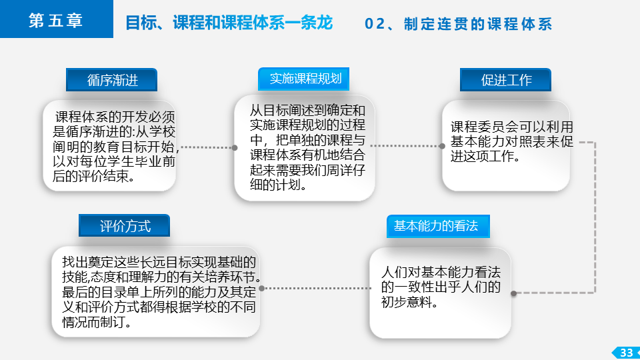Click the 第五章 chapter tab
[56, 19]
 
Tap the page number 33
[626, 353]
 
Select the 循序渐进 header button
[111, 79]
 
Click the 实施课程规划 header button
[304, 79]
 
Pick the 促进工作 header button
[505, 79]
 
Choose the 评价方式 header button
[124, 225]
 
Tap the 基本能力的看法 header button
[438, 226]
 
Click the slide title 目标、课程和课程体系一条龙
[229, 23]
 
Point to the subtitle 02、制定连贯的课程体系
[458, 24]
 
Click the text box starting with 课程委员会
[506, 146]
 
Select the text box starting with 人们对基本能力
[440, 293]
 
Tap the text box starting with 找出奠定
[155, 292]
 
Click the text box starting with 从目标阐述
[305, 148]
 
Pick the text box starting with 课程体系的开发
[109, 146]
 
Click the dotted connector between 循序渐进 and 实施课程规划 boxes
[207, 147]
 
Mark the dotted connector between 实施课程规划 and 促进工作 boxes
[407, 146]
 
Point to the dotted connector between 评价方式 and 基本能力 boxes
[315, 288]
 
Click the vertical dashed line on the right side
[595, 217]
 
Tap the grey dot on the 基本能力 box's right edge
[513, 293]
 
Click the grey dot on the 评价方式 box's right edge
[261, 288]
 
